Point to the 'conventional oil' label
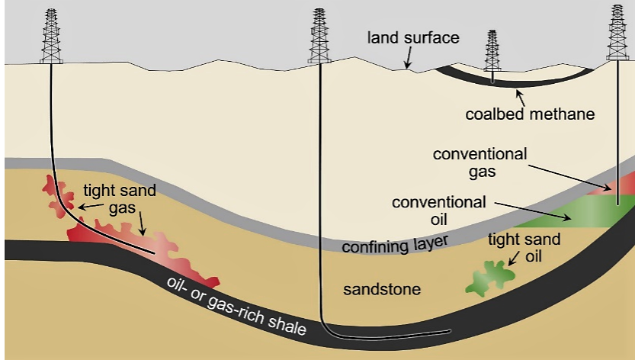[x=438, y=211]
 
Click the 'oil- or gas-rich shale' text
[x=237, y=305]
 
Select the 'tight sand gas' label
[x=120, y=198]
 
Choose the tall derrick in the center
[x=319, y=37]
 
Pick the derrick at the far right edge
[x=617, y=34]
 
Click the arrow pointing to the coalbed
[x=521, y=95]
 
